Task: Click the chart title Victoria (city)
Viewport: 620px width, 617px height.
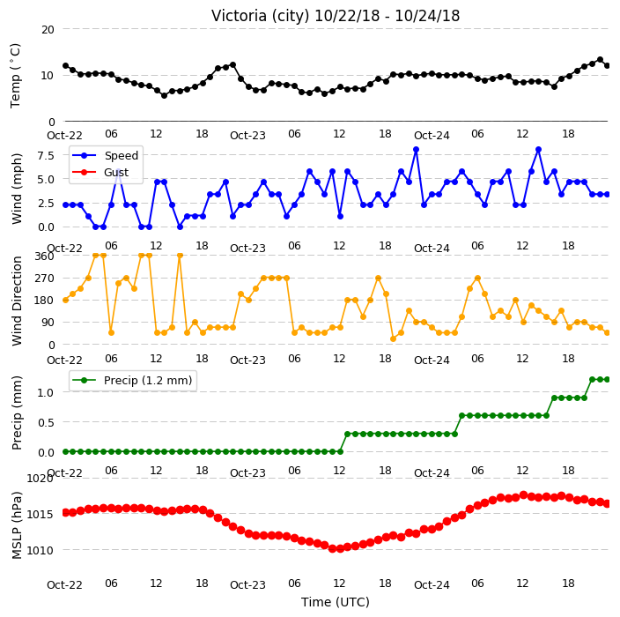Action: click(260, 16)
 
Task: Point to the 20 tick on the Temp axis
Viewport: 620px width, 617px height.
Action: click(48, 29)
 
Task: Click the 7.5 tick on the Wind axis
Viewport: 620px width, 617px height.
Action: click(46, 155)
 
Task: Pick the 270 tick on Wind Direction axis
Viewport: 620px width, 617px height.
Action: click(44, 279)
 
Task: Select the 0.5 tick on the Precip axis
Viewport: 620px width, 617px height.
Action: click(46, 422)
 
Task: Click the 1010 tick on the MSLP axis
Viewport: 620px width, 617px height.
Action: click(41, 550)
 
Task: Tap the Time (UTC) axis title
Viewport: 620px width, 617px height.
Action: click(336, 602)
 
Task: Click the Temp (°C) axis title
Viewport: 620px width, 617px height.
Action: click(16, 76)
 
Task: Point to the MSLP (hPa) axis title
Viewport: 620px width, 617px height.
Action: click(17, 525)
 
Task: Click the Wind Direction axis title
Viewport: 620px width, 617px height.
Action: click(17, 301)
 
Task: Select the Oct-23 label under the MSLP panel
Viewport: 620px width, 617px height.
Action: click(247, 584)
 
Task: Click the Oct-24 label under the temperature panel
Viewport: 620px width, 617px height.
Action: click(432, 136)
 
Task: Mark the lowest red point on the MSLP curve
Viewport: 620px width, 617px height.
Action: click(340, 549)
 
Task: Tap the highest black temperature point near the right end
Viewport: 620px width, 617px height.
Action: click(601, 60)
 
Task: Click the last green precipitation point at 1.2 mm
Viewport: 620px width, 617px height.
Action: click(608, 380)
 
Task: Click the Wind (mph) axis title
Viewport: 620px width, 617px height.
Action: click(17, 189)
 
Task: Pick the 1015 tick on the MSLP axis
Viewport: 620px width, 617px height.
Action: click(41, 515)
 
